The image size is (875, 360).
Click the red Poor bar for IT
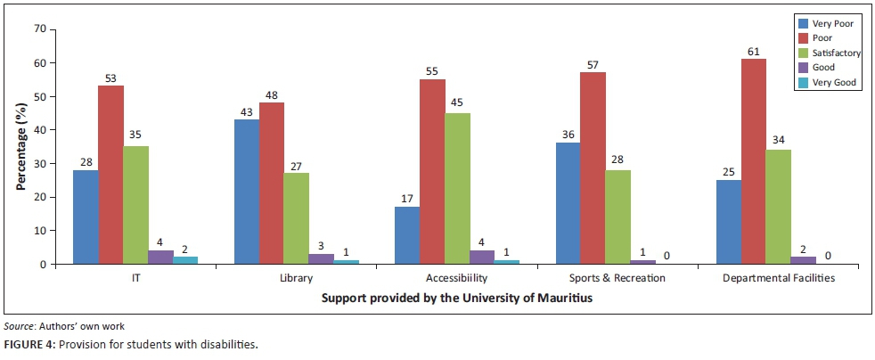point(111,175)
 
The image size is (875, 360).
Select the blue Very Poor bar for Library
point(247,192)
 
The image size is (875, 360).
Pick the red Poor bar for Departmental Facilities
point(754,161)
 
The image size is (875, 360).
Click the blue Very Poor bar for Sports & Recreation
point(568,203)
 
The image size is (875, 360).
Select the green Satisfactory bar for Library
point(297,218)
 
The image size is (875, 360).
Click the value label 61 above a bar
point(754,51)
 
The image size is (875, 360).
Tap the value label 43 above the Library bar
point(247,110)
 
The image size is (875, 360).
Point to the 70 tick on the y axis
point(37,29)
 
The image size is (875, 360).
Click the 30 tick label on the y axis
point(37,164)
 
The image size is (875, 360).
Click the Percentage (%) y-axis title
point(19,146)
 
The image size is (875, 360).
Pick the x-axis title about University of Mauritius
point(456,299)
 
